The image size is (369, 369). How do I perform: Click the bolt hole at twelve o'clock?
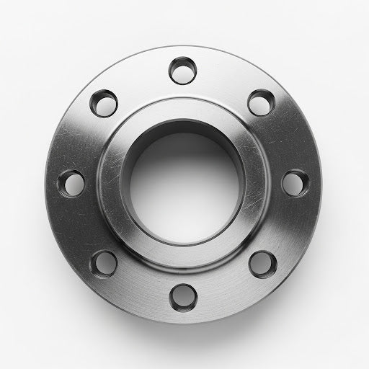(x=182, y=71)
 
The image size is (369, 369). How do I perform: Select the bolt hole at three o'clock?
(x=293, y=182)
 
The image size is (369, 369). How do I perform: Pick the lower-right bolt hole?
(x=262, y=262)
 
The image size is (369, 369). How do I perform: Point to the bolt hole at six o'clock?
(x=182, y=295)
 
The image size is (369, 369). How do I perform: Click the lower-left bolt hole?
(x=104, y=262)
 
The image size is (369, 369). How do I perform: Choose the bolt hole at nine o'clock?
(x=71, y=183)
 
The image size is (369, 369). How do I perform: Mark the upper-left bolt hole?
(x=105, y=102)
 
